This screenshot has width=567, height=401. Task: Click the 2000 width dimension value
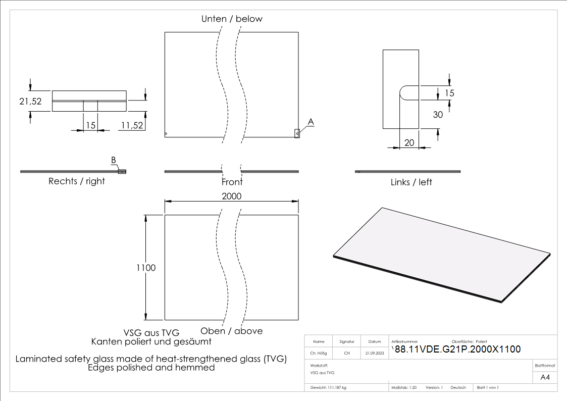click(x=232, y=196)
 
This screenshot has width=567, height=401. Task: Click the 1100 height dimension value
click(x=146, y=268)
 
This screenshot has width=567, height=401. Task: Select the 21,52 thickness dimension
click(x=30, y=102)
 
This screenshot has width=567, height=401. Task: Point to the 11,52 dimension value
click(x=131, y=125)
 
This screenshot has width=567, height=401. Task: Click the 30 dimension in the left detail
click(x=438, y=115)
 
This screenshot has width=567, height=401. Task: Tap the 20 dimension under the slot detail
click(x=409, y=143)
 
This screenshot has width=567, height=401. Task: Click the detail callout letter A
click(x=311, y=122)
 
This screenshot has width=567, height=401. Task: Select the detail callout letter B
click(x=114, y=160)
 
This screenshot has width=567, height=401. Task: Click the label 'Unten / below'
click(x=232, y=19)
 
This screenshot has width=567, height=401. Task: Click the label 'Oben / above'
click(x=232, y=331)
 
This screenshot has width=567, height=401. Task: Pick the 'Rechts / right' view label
click(x=77, y=181)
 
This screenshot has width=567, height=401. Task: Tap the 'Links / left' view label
click(x=411, y=182)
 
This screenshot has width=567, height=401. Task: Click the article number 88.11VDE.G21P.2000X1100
click(x=457, y=349)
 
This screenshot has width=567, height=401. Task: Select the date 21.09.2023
click(x=375, y=354)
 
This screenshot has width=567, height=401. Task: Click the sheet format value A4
click(x=545, y=377)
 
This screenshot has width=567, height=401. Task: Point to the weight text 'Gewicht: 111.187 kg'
click(x=328, y=387)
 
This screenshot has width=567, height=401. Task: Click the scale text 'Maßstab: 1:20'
click(x=404, y=387)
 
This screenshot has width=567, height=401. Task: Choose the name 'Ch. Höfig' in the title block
click(x=319, y=354)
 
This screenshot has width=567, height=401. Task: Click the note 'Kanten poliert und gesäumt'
click(x=151, y=342)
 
